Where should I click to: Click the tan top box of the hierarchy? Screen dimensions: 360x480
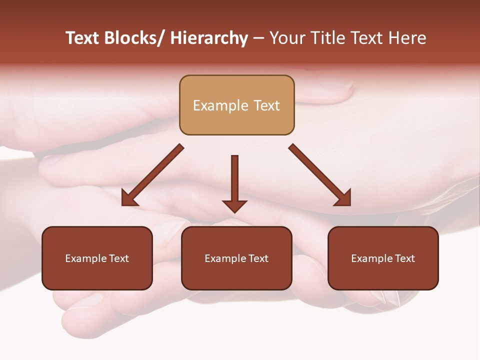click(x=236, y=105)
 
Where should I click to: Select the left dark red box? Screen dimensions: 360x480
click(x=97, y=258)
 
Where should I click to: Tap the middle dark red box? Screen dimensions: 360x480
click(x=236, y=258)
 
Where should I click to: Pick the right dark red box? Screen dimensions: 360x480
click(x=383, y=258)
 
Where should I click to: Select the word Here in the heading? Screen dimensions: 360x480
click(x=408, y=38)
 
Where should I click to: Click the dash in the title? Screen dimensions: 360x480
click(x=258, y=38)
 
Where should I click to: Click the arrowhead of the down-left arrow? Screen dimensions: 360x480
click(x=128, y=198)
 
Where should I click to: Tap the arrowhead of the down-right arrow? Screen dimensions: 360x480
click(x=343, y=198)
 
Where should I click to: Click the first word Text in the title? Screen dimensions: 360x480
click(x=83, y=38)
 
